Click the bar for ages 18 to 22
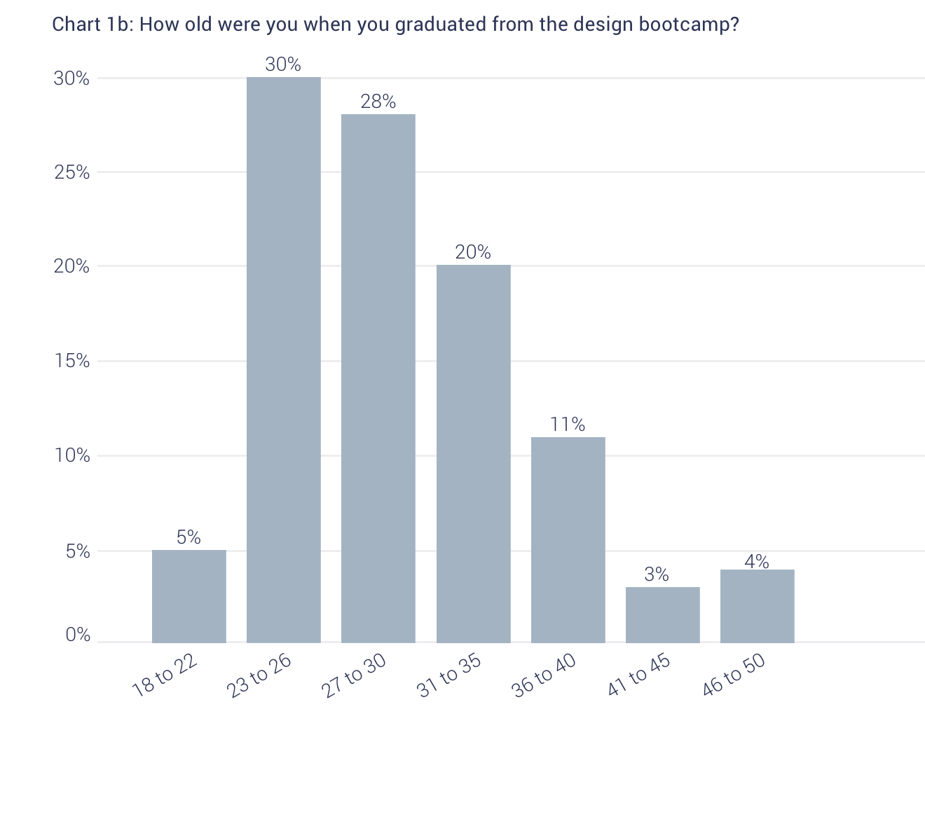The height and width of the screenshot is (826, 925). point(189,596)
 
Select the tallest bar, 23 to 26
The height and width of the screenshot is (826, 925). point(284,359)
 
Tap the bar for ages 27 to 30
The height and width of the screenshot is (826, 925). point(378,378)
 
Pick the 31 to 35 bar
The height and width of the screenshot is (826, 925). point(474,453)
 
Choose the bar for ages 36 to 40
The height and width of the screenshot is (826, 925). point(568,539)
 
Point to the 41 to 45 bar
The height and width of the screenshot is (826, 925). point(663,614)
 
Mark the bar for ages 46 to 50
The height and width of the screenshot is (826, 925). point(758,606)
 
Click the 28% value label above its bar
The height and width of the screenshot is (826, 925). point(378,102)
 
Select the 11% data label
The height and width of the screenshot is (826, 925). point(568,424)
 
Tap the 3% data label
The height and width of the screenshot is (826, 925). point(657,574)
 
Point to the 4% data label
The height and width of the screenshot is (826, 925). point(757,561)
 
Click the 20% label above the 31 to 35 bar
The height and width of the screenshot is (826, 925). point(473,252)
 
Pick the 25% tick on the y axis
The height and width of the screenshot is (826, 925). point(72,172)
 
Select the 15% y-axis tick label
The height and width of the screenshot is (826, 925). point(72,362)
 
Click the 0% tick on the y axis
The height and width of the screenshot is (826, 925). point(78,635)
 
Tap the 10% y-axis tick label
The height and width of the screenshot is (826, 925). point(72,456)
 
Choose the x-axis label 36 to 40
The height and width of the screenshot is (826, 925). point(544,675)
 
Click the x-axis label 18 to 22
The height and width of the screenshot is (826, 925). point(165,675)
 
